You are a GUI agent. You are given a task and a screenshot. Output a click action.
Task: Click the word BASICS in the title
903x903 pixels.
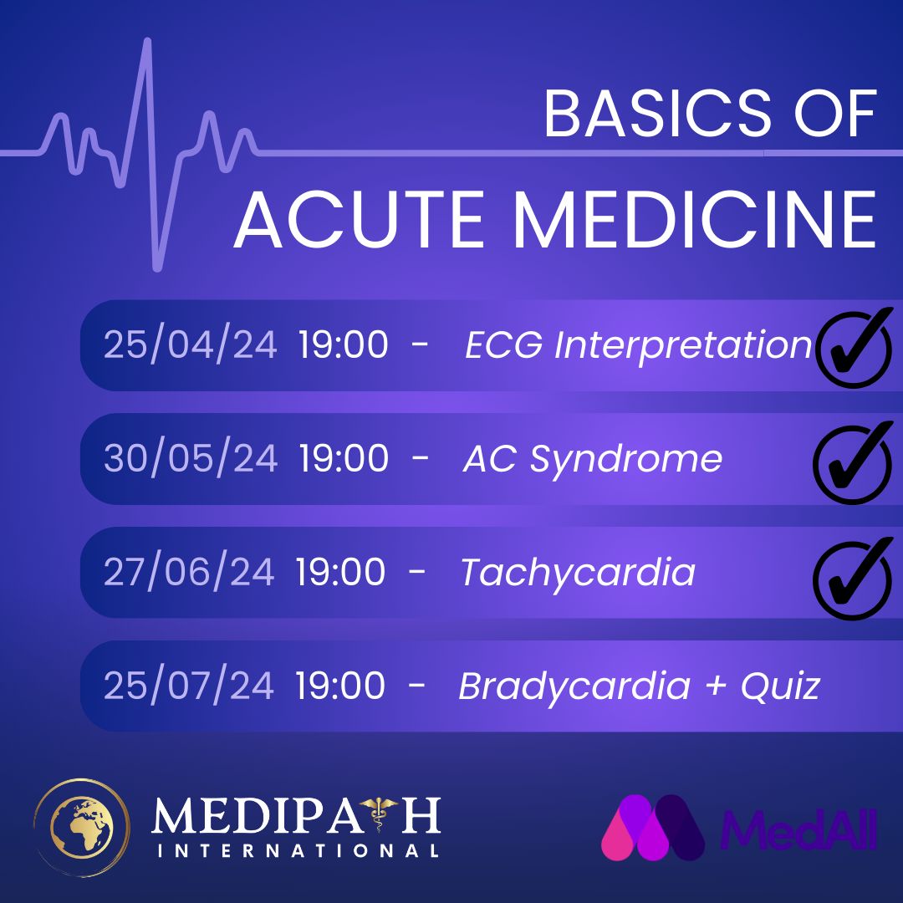[657, 114]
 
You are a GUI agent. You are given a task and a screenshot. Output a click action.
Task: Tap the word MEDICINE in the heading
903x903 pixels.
[695, 219]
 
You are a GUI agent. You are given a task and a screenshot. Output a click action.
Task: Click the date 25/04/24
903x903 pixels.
[190, 344]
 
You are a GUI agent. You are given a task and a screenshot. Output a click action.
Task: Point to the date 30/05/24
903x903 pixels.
[191, 458]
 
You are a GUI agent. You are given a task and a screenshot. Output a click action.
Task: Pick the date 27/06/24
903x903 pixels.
[189, 571]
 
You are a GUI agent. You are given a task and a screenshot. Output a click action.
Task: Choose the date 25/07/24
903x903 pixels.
[189, 685]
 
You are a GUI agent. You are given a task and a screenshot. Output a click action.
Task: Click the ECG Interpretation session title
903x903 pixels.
[638, 345]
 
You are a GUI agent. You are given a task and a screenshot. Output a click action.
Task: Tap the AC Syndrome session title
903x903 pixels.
[593, 460]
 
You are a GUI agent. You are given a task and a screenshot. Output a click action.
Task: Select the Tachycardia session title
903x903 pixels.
[579, 573]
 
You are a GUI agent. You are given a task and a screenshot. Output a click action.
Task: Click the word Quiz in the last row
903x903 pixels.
[780, 686]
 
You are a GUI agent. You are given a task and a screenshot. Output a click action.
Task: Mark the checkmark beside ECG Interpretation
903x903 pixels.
[855, 347]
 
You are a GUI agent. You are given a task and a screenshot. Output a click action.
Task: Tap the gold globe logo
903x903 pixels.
[82, 828]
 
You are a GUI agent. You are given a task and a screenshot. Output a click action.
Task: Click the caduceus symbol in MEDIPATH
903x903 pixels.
[379, 814]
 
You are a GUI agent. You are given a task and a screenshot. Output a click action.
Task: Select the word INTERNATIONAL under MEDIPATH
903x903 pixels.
[298, 850]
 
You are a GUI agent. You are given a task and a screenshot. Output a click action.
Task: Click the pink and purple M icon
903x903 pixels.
[652, 828]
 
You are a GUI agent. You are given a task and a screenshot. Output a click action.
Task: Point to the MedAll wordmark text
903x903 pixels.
[798, 829]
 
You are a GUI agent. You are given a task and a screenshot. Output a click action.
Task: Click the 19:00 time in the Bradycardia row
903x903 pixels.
[340, 686]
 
